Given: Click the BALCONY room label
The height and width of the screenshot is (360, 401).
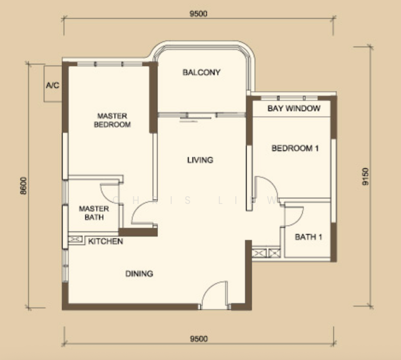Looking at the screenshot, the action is pyautogui.click(x=201, y=73).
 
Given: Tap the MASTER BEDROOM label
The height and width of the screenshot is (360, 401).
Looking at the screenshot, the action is pyautogui.click(x=112, y=120).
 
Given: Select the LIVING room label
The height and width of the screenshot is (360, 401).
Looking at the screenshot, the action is pyautogui.click(x=200, y=160).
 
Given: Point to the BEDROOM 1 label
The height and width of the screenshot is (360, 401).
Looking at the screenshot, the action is pyautogui.click(x=295, y=148).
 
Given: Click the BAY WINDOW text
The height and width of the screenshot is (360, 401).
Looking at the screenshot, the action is pyautogui.click(x=294, y=109).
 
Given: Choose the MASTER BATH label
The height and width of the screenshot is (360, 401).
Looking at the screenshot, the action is pyautogui.click(x=94, y=213).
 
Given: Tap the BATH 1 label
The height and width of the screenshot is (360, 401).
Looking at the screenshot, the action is pyautogui.click(x=308, y=237).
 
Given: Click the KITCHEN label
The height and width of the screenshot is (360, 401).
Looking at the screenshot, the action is pyautogui.click(x=106, y=241).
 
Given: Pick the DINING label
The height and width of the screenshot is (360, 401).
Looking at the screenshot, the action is pyautogui.click(x=139, y=274).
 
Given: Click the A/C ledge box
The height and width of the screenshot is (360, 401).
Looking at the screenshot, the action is pyautogui.click(x=53, y=84).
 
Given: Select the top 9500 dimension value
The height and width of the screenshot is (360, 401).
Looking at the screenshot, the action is pyautogui.click(x=199, y=14).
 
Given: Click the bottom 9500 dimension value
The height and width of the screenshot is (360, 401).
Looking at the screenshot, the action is pyautogui.click(x=199, y=339).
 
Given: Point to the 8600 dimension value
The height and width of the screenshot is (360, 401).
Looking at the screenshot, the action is pyautogui.click(x=23, y=186).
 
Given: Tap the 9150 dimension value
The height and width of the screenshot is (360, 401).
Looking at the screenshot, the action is pyautogui.click(x=366, y=176).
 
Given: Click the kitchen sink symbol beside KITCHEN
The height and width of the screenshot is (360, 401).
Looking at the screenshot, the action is pyautogui.click(x=75, y=239).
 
